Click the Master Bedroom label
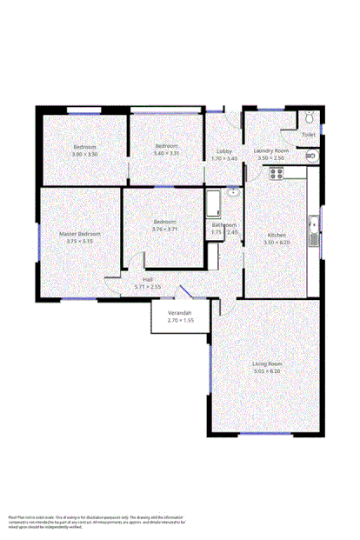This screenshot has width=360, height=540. click(x=80, y=234)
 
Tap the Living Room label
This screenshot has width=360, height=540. click(x=267, y=363)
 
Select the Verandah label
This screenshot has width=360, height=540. click(x=180, y=313)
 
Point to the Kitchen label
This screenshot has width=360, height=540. click(x=277, y=235)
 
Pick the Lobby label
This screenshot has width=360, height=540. click(x=223, y=151)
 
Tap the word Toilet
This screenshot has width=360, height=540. click(x=309, y=135)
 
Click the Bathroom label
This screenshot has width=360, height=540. click(x=224, y=224)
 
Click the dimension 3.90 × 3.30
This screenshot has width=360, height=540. click(x=84, y=154)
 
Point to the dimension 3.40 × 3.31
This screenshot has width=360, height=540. click(x=166, y=153)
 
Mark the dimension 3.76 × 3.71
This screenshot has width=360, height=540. click(x=165, y=229)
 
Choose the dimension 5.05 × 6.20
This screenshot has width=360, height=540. click(x=267, y=371)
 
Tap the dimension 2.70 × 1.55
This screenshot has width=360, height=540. click(x=180, y=321)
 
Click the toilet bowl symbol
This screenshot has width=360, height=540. click(x=310, y=119)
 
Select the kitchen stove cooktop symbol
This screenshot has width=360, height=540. click(x=277, y=172)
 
